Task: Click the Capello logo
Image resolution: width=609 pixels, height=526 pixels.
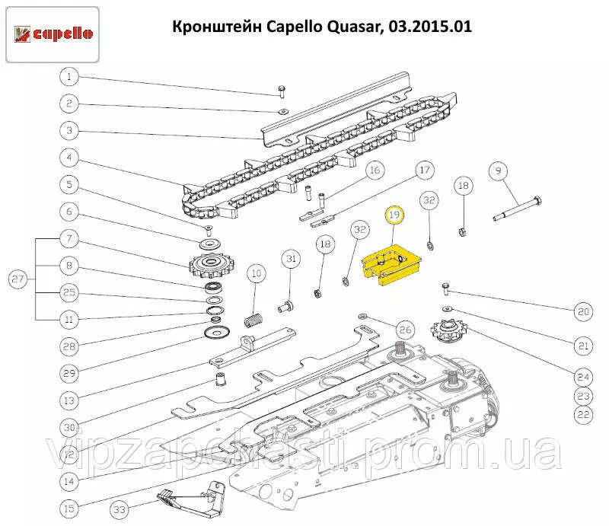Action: click(x=53, y=33)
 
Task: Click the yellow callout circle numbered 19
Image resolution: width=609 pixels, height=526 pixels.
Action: click(x=394, y=215)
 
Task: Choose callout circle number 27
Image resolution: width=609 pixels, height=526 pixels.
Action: click(x=18, y=279)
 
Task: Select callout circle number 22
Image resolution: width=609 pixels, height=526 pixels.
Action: click(x=582, y=415)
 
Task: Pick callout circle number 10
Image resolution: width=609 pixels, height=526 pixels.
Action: click(x=257, y=273)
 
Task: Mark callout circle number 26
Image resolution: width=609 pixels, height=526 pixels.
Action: click(x=404, y=330)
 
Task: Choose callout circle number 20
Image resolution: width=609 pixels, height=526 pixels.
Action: click(x=582, y=311)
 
